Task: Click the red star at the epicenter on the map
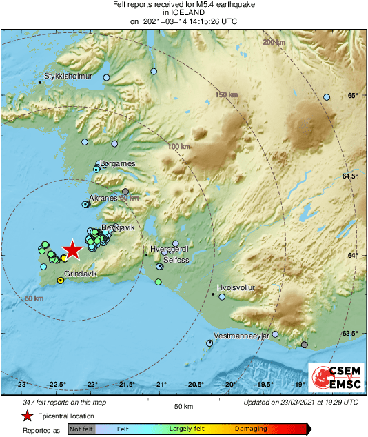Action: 72,252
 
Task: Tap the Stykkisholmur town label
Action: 68,77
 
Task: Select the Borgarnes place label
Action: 118,163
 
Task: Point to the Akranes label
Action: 105,198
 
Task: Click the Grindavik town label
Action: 79,274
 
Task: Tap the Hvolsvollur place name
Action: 236,288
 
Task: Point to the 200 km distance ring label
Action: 274,43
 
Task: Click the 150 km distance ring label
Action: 225,94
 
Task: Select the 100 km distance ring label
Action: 178,147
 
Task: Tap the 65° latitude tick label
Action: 353,95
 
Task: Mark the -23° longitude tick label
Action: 22,385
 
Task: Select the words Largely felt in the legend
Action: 185,429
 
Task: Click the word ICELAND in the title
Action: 184,12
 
